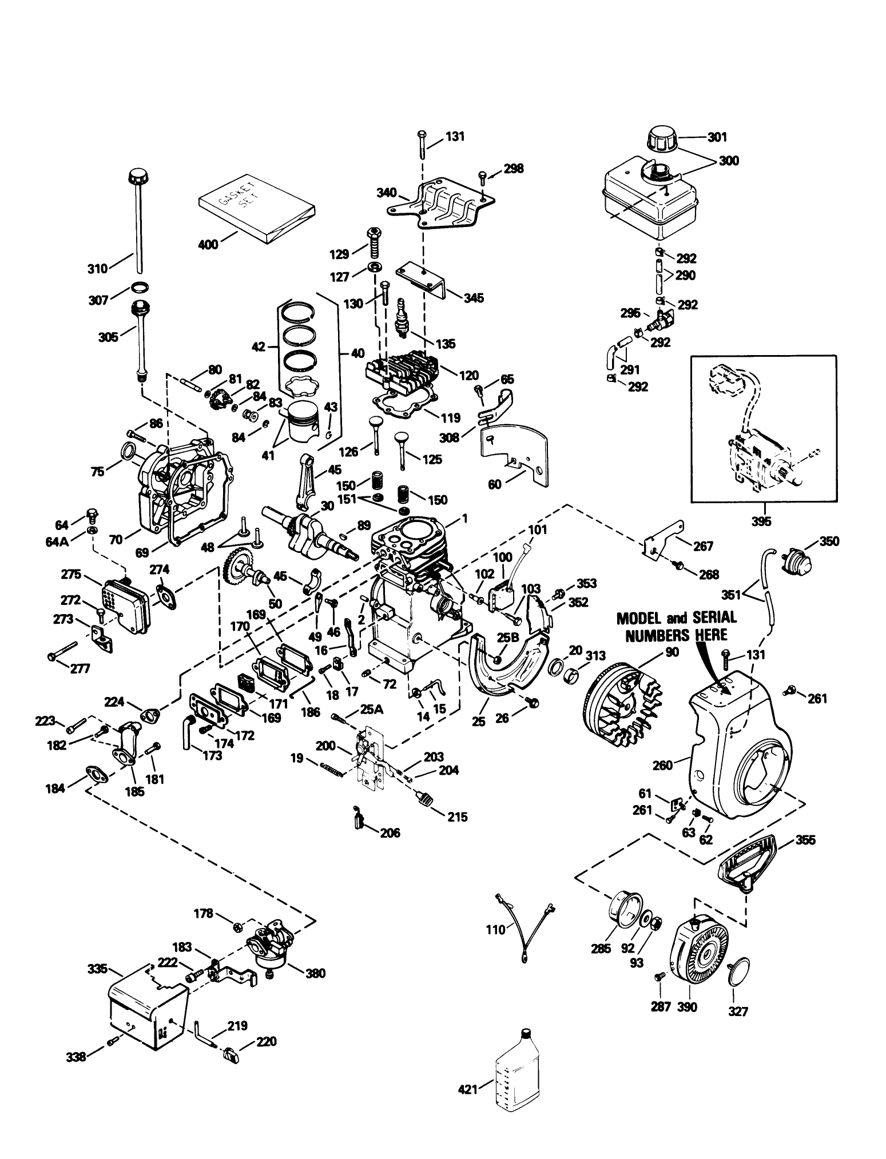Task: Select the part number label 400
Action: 207,244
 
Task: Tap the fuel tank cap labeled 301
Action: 662,139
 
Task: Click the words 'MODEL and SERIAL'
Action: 676,618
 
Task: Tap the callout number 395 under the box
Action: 761,521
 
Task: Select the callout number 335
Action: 98,968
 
